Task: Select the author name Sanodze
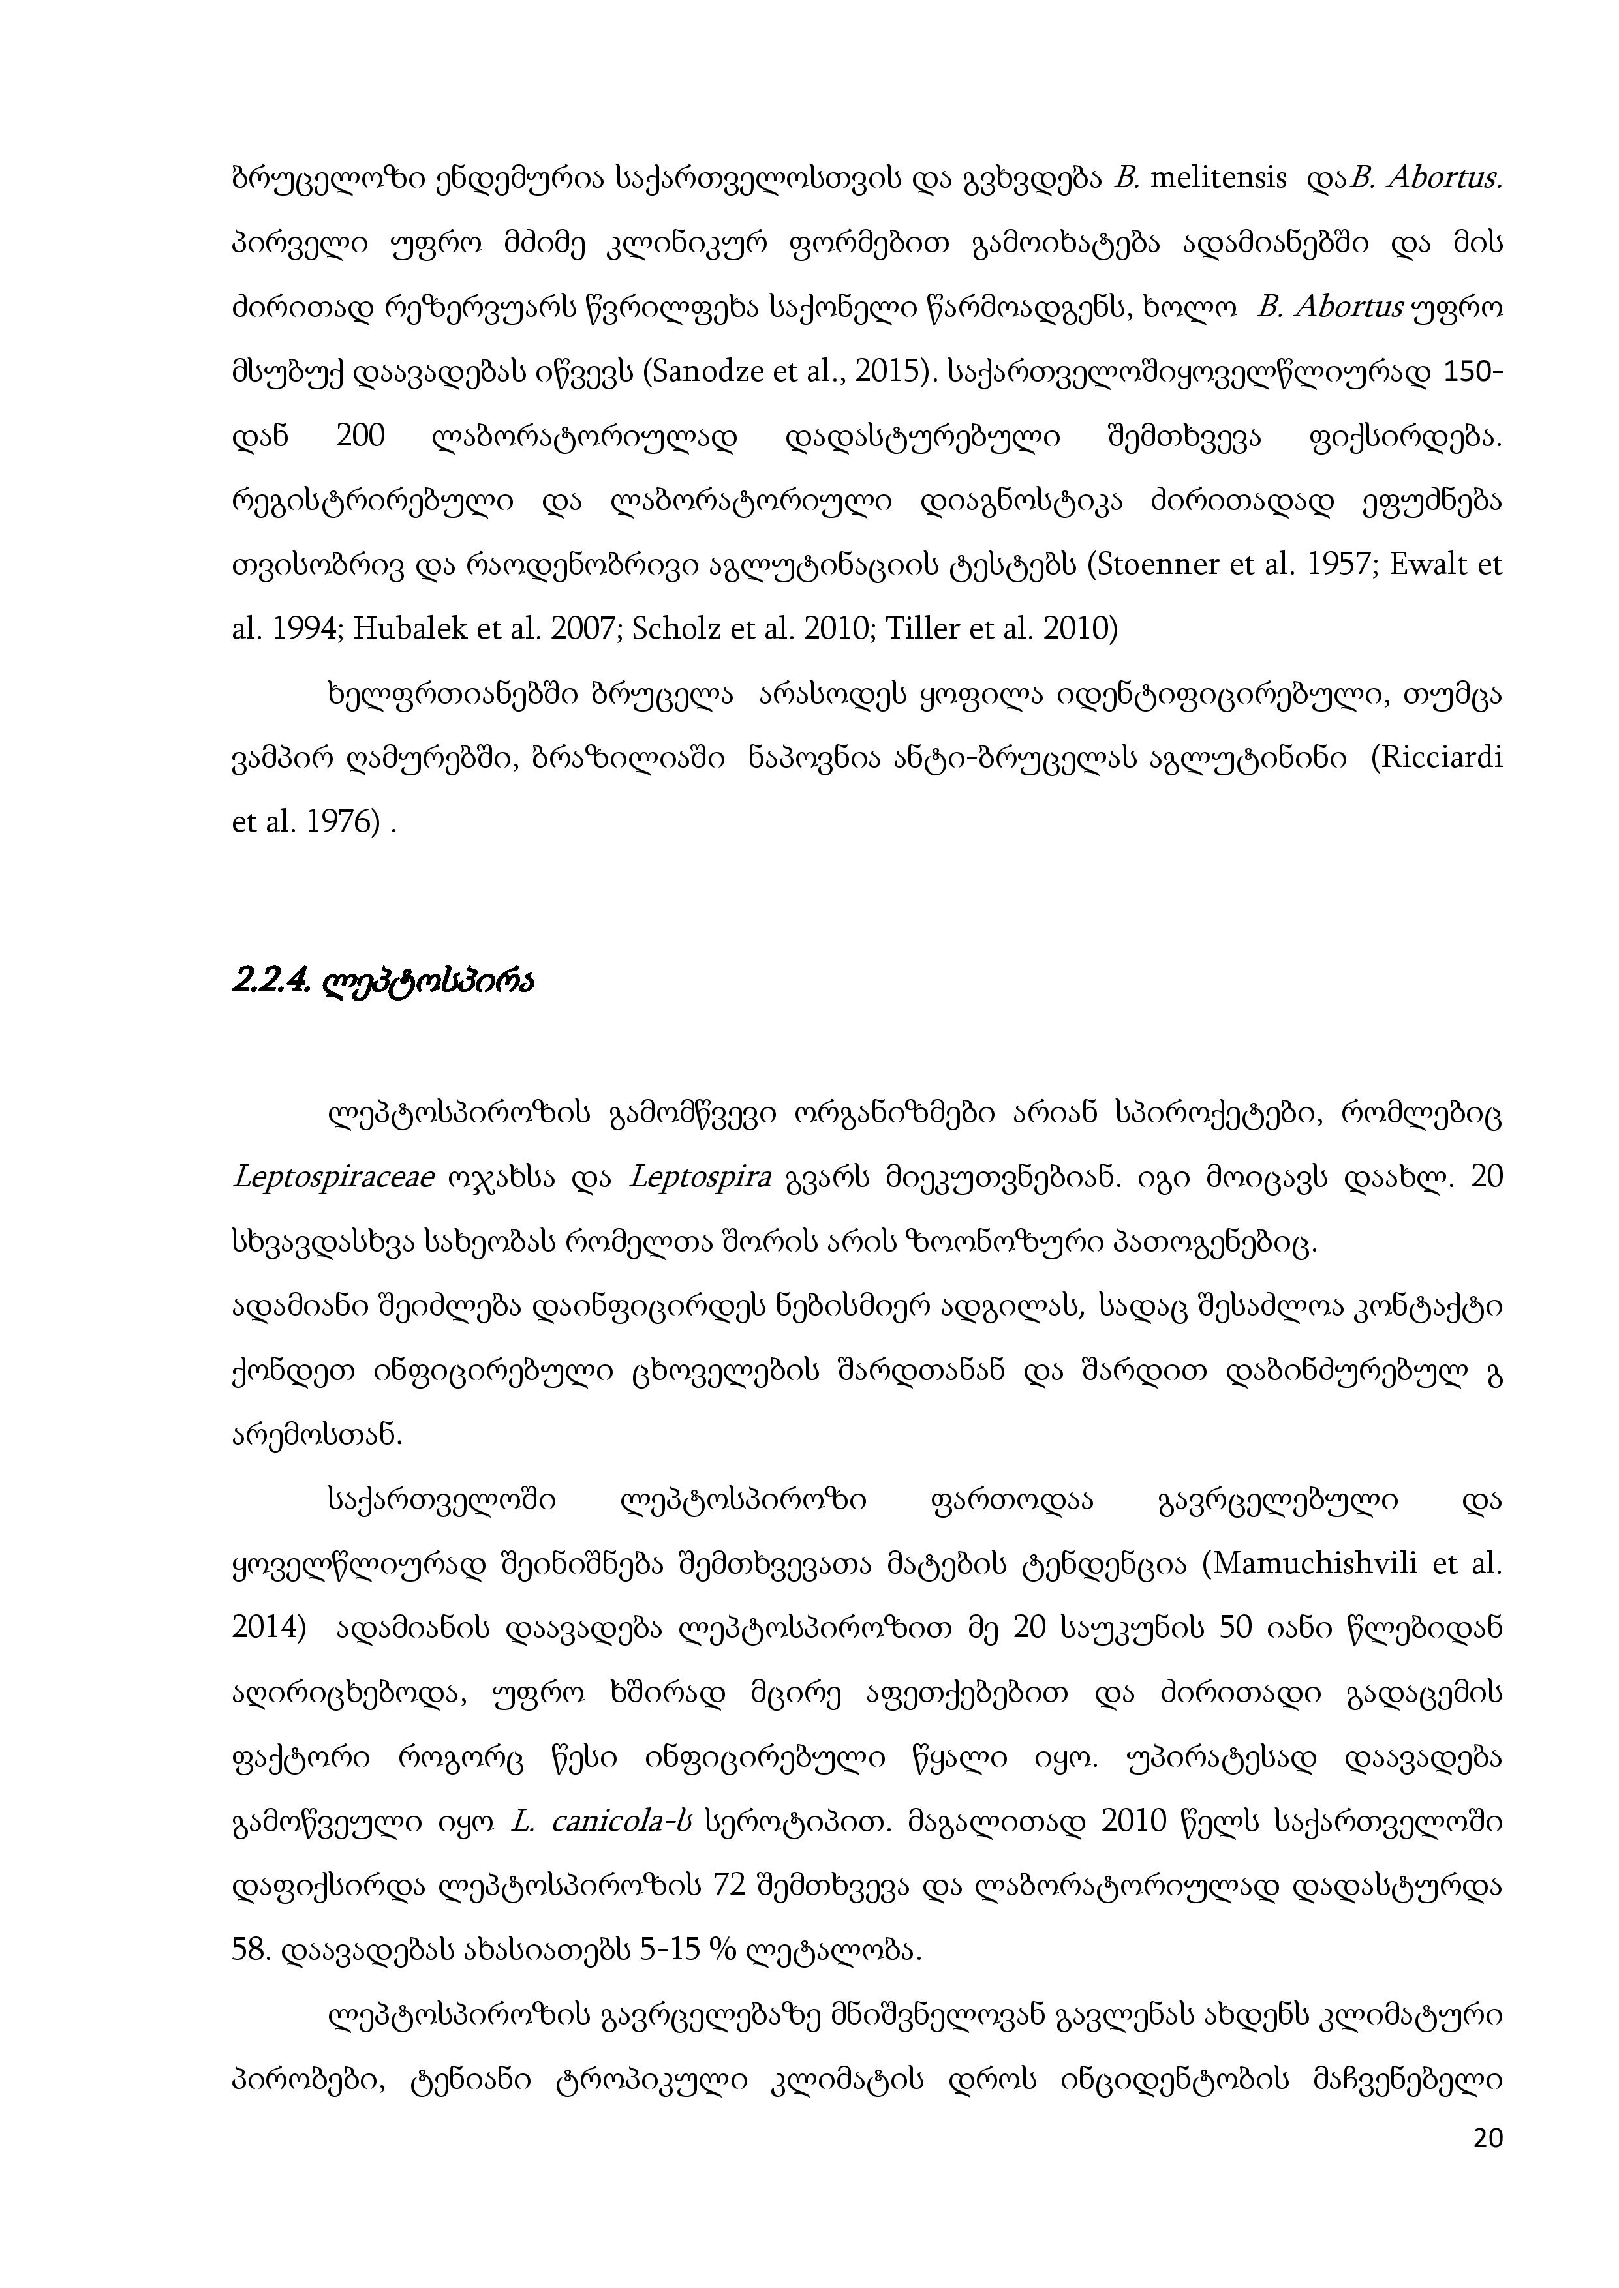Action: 705,372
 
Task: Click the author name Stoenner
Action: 1158,565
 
